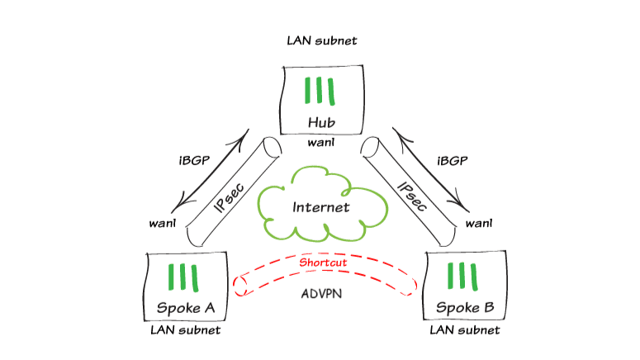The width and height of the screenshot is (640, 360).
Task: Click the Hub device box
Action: (320, 101)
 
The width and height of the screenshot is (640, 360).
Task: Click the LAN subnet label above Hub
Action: (321, 40)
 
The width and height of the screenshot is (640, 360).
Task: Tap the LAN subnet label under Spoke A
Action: (186, 330)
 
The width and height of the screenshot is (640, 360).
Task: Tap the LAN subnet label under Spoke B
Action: (465, 330)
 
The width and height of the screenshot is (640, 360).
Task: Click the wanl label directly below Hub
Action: (320, 144)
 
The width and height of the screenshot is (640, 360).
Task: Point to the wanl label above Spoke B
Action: (479, 223)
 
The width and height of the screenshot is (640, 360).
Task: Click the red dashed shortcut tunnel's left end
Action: (241, 285)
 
